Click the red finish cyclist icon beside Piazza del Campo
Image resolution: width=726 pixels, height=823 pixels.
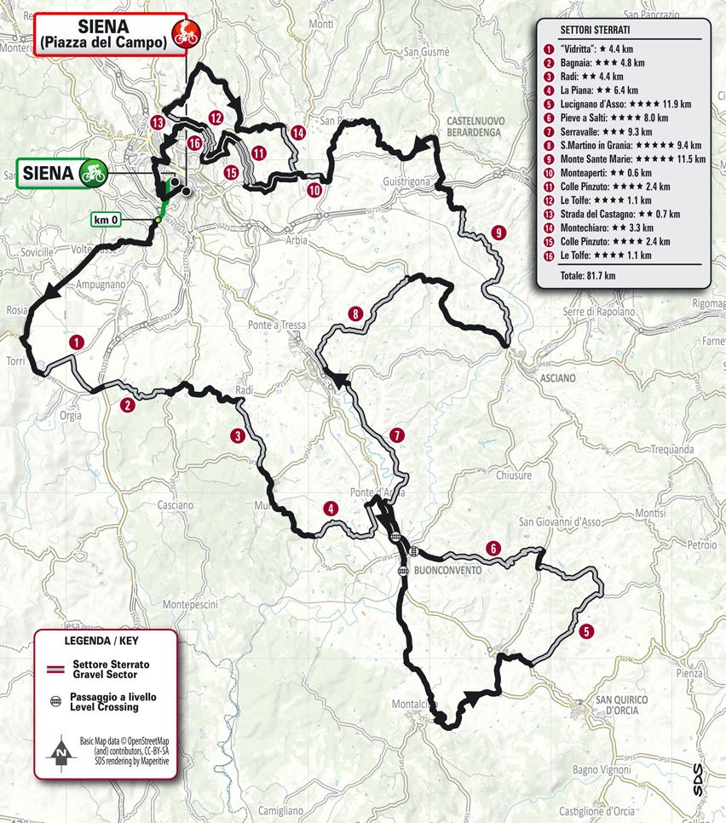point(184,35)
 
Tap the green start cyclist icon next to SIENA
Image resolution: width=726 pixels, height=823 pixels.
point(90,172)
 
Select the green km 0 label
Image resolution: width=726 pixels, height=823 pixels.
point(106,221)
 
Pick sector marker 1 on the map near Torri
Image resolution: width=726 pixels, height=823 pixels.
point(77,342)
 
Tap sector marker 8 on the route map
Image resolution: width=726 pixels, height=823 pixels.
point(355,314)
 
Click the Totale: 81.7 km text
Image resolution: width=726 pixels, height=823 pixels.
point(587,276)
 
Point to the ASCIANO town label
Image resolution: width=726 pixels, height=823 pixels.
point(558,377)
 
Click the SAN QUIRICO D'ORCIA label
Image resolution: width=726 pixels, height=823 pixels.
point(622,705)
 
